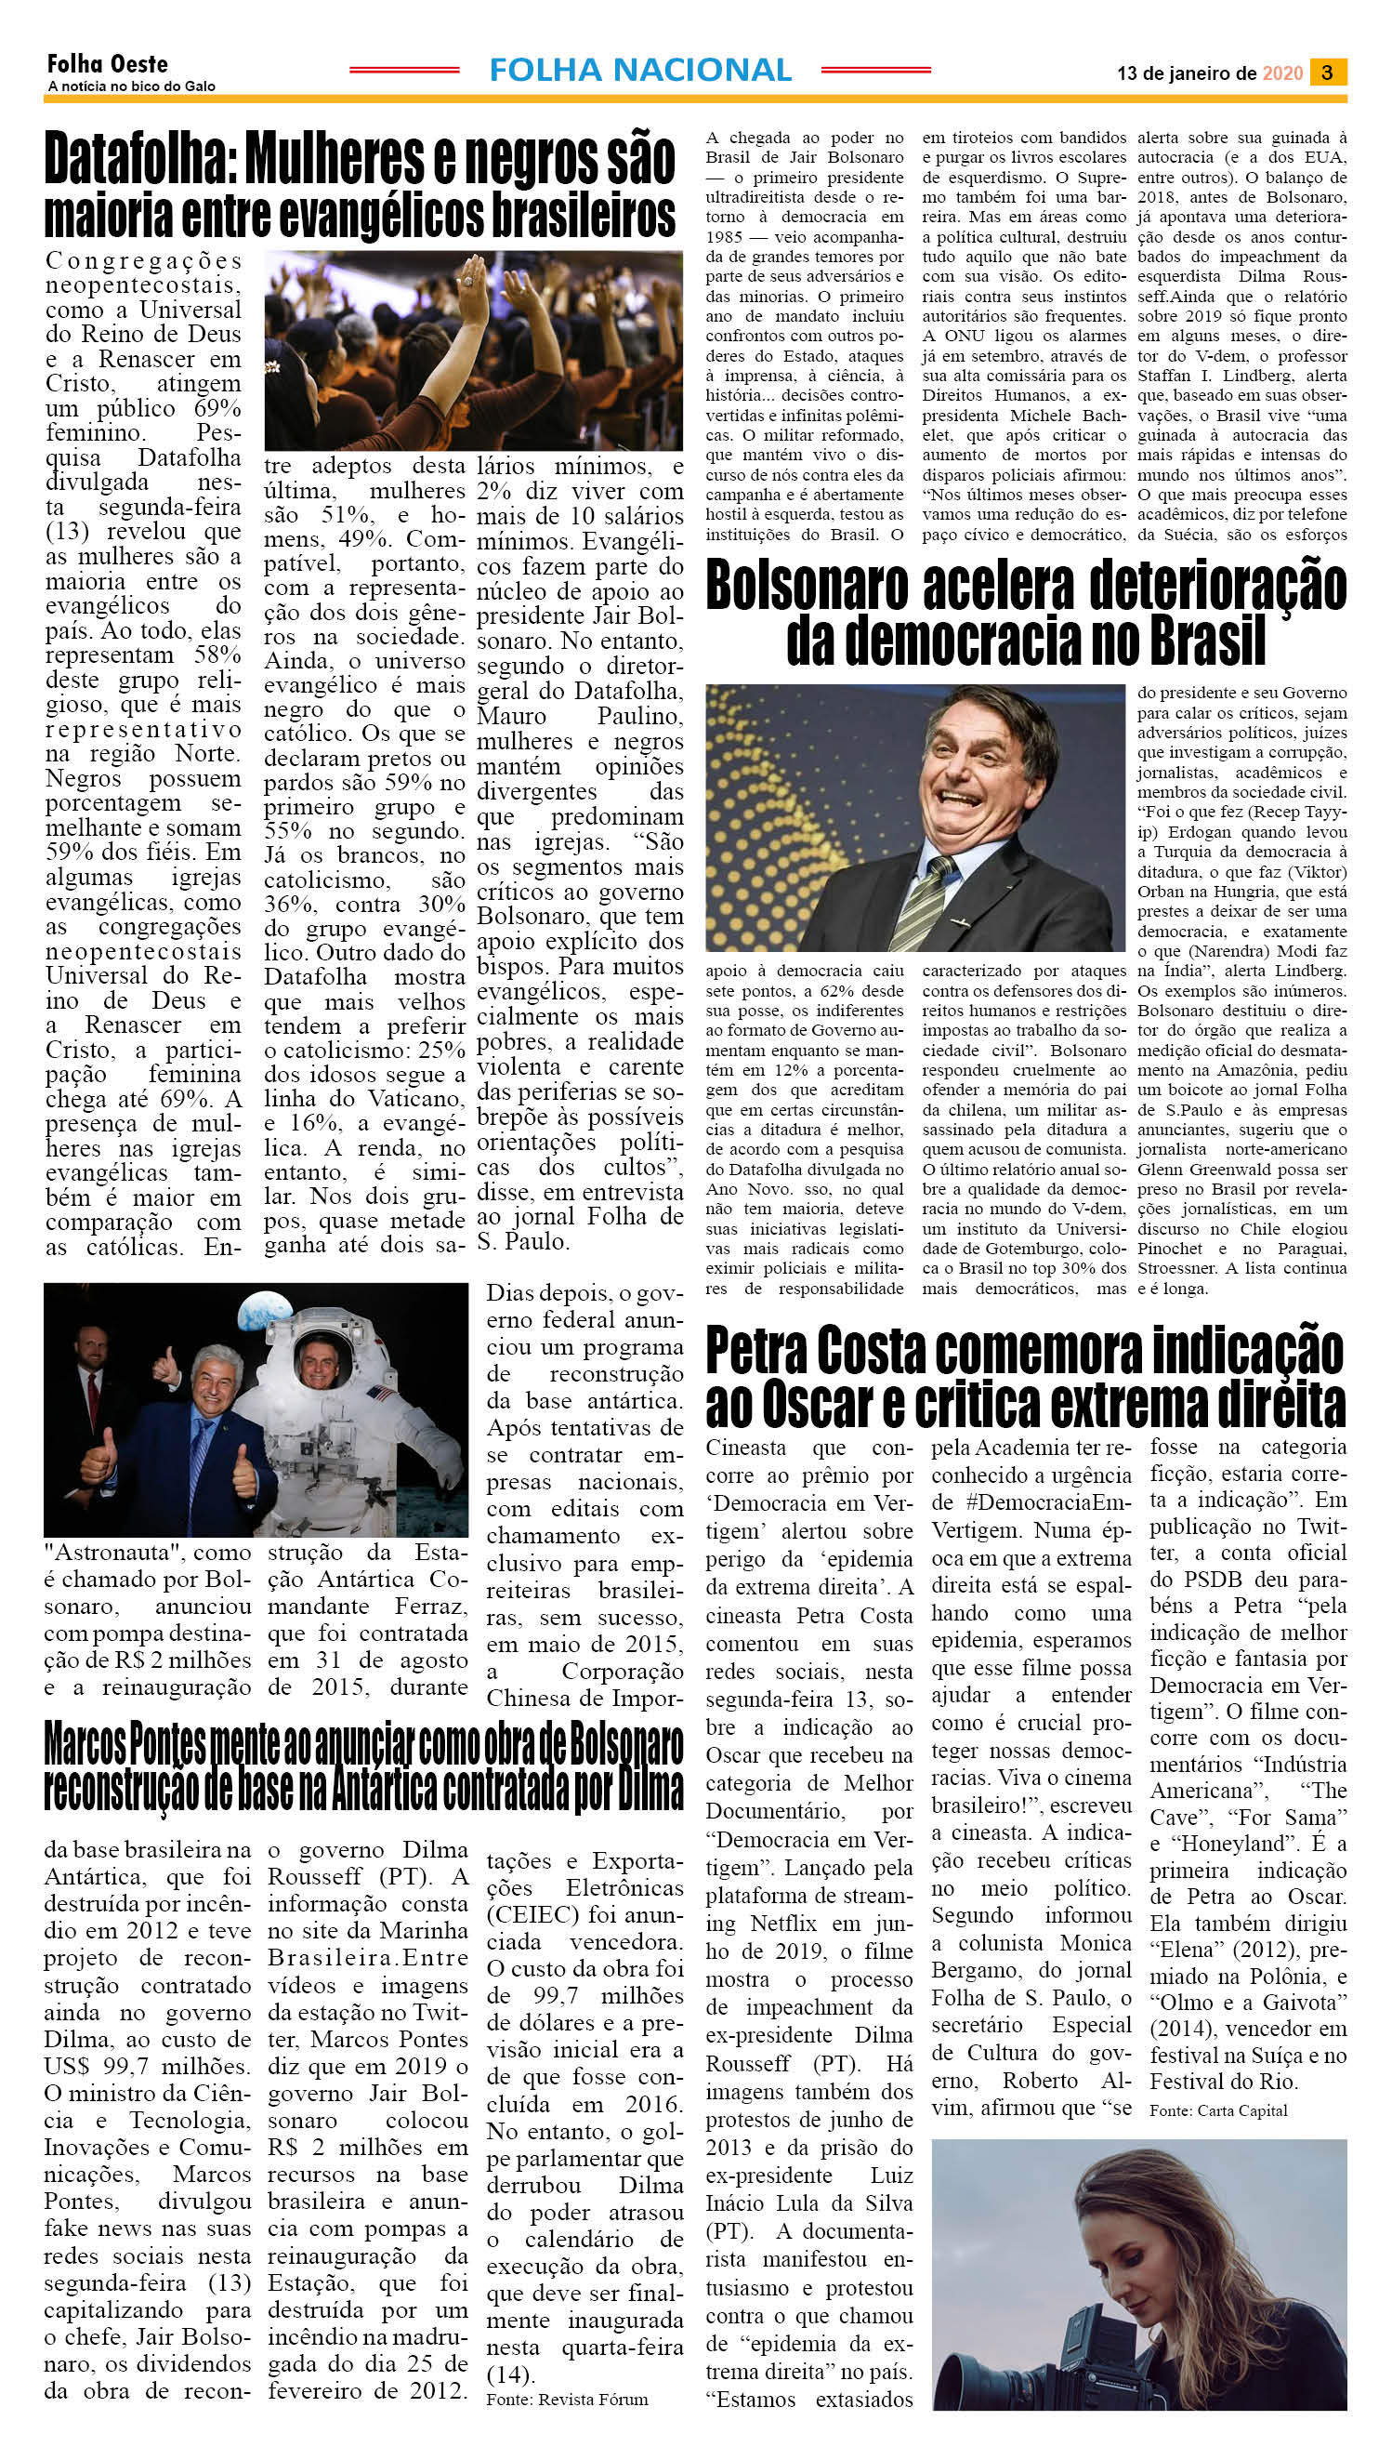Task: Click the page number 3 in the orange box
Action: click(x=1328, y=72)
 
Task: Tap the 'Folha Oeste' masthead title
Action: click(x=107, y=64)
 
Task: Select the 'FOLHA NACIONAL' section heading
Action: click(x=639, y=70)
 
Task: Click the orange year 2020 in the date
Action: click(x=1282, y=73)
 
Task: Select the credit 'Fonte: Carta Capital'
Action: click(x=1218, y=2110)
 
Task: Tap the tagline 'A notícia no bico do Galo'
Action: click(x=131, y=86)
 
